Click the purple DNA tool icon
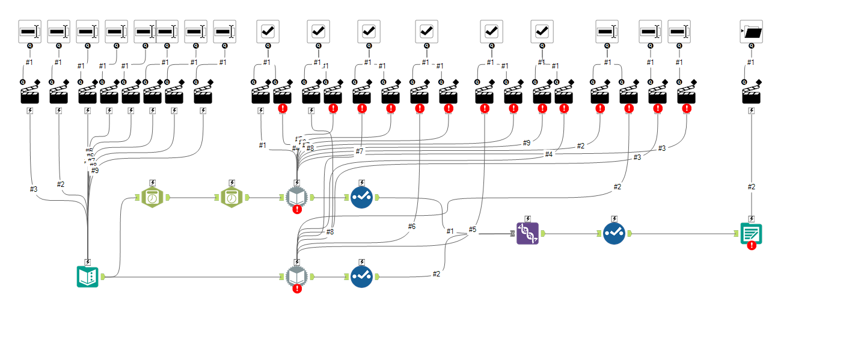click(x=527, y=233)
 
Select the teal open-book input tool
click(x=88, y=276)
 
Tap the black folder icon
click(x=751, y=31)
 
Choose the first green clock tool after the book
click(x=153, y=197)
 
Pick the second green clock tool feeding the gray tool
click(x=232, y=197)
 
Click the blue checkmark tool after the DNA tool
click(x=614, y=233)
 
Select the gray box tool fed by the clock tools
click(x=296, y=197)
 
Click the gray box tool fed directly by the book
click(x=296, y=276)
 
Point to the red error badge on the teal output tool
click(x=752, y=245)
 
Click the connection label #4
click(x=548, y=154)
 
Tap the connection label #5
click(x=473, y=230)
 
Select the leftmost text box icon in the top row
click(x=29, y=31)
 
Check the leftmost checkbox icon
click(x=268, y=31)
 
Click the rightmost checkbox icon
click(x=542, y=31)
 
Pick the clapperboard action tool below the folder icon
click(x=751, y=93)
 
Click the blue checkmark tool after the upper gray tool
click(x=361, y=197)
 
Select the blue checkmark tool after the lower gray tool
click(x=361, y=276)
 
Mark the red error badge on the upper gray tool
click(x=297, y=209)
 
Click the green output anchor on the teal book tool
click(x=103, y=276)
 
